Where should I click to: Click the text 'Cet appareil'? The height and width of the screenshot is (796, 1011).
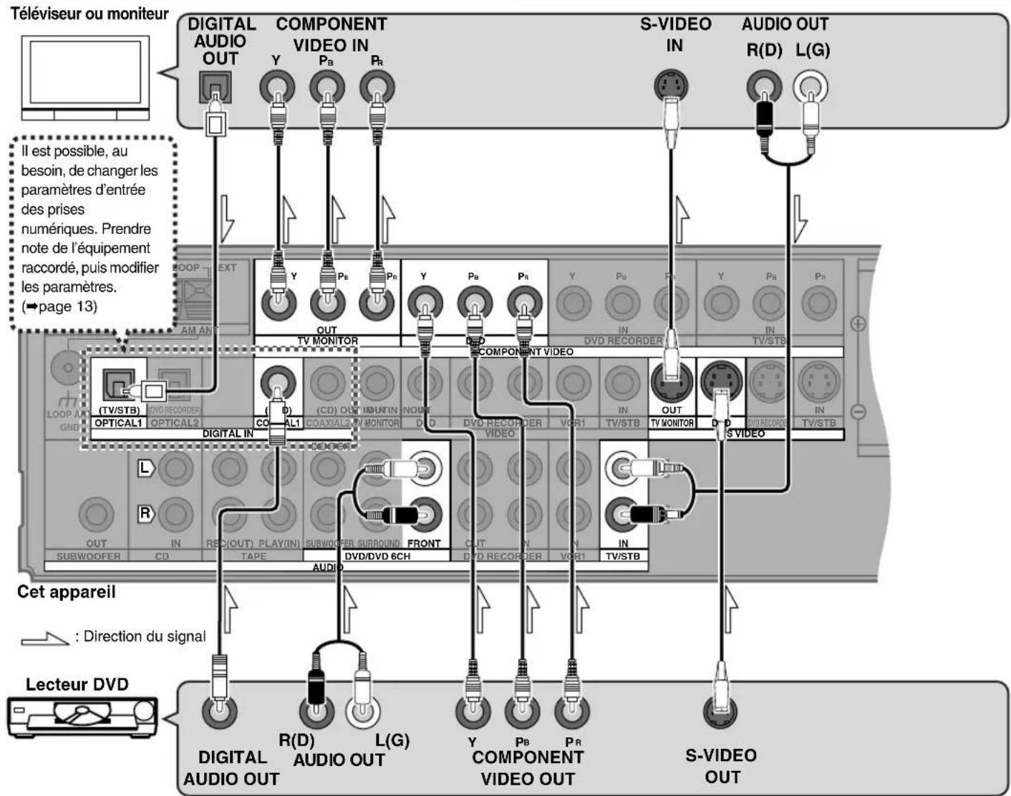point(66,593)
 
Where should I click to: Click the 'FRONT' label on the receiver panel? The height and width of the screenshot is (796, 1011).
point(424,543)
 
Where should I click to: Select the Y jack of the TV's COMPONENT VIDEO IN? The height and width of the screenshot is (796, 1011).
point(276,89)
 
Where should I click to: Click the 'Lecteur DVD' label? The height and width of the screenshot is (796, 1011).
point(77,684)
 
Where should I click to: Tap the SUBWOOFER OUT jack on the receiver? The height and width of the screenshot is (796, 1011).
point(95,513)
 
